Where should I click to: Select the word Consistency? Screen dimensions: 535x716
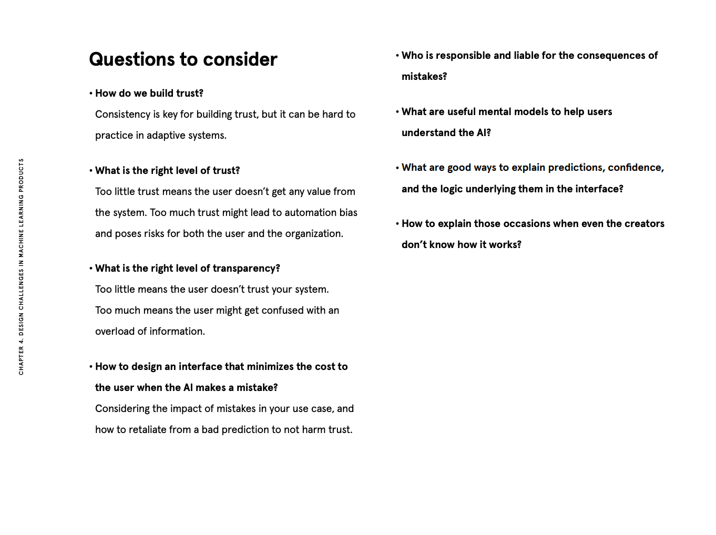pos(123,115)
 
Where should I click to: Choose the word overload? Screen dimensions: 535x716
pos(115,332)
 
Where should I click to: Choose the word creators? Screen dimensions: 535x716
pos(645,224)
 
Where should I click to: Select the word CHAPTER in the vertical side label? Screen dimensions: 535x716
pos(22,361)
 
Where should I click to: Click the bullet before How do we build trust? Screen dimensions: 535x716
pos(91,94)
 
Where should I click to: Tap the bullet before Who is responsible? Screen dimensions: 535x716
pos(397,56)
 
